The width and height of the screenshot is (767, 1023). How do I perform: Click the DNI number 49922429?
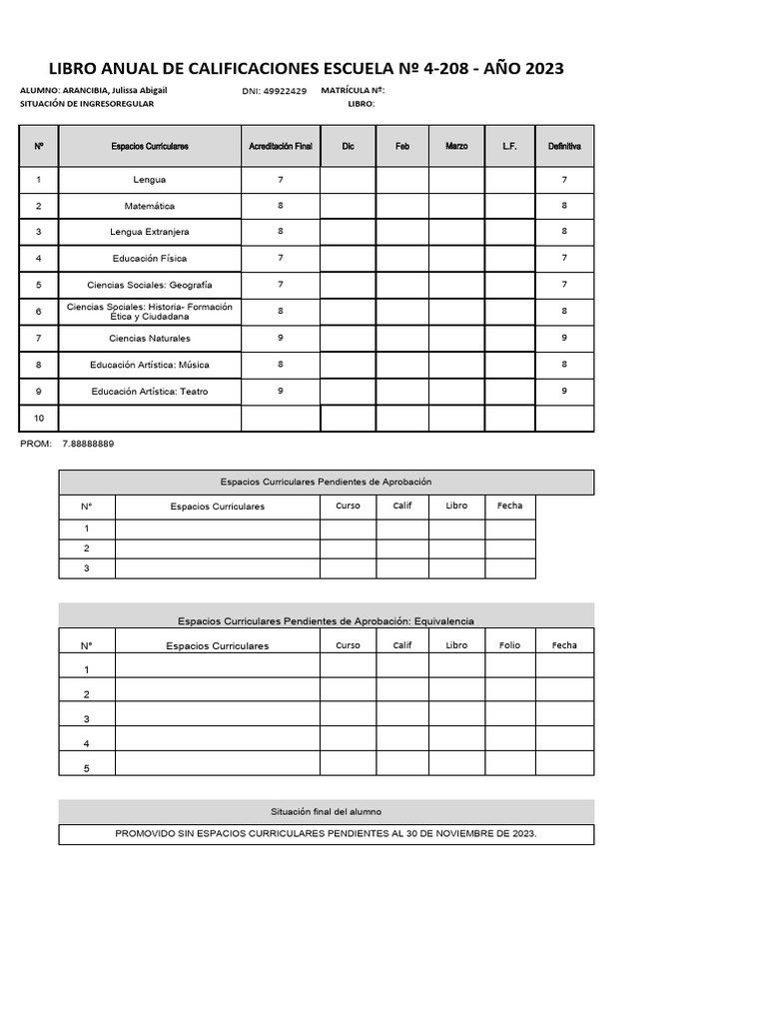pos(285,91)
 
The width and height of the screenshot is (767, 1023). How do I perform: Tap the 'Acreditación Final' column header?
pos(281,146)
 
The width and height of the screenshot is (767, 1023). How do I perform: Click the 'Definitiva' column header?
pos(564,146)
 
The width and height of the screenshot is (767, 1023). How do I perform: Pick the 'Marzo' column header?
pos(456,146)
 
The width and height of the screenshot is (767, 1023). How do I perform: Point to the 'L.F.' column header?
pos(509,146)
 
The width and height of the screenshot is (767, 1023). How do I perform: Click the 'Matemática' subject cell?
pos(150,206)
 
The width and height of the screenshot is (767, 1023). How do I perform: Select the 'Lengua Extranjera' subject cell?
pos(150,232)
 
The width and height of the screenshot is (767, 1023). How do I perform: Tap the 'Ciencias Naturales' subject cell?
pos(150,338)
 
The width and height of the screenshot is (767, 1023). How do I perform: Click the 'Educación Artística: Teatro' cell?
pos(150,391)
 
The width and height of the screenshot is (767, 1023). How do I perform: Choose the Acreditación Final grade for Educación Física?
pos(281,258)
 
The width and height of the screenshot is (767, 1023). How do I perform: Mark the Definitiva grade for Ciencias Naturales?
pos(564,338)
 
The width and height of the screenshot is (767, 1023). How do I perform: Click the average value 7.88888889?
pos(88,444)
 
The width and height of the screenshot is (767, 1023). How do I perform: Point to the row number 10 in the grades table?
pos(39,418)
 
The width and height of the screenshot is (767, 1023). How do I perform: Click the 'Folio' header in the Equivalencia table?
pos(509,645)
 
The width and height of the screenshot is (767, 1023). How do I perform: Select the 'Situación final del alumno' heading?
pos(326,811)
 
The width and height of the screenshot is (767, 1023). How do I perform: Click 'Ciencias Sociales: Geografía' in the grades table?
pos(150,285)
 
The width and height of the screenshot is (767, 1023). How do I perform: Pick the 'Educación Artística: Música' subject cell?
pos(150,365)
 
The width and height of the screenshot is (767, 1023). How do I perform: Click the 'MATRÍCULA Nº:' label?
pos(354,90)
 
